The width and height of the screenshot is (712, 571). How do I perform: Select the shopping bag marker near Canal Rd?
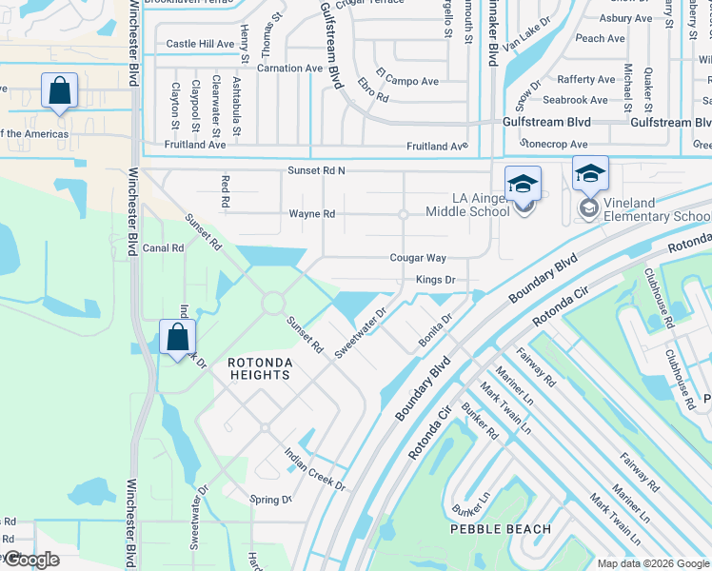(x=178, y=338)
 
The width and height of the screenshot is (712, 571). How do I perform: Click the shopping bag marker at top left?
(x=59, y=92)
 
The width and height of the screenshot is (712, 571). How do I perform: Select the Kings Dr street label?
(x=435, y=280)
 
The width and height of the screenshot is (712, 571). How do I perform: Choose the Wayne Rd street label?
(x=312, y=214)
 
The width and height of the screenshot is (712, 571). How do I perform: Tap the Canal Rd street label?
(x=163, y=247)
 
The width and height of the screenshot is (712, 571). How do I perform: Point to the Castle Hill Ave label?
(x=200, y=44)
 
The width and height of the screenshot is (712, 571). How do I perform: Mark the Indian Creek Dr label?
(x=315, y=469)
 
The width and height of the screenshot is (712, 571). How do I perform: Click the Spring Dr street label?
(x=270, y=500)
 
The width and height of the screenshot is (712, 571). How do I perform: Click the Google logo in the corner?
(x=30, y=560)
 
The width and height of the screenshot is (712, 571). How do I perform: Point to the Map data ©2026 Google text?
(x=652, y=563)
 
